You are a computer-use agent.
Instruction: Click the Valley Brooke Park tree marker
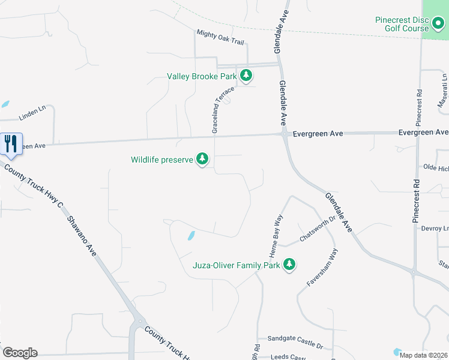pos(246,76)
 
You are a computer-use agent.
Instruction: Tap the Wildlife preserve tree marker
pos(203,159)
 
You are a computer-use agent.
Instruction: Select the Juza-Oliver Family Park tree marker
pos(289,264)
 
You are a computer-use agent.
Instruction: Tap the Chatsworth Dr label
pos(316,229)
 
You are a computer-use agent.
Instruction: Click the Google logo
pos(20,353)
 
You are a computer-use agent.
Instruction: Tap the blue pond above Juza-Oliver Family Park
pos(191,236)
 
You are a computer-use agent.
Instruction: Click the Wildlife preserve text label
pos(162,160)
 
